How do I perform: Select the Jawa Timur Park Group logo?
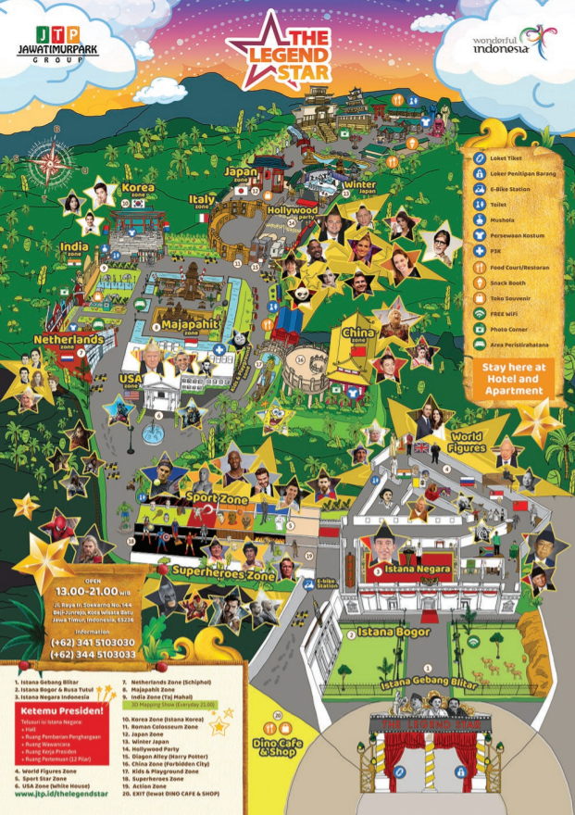pos(57,43)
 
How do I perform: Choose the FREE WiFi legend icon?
pos(481,314)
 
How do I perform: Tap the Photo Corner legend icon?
pos(481,330)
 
